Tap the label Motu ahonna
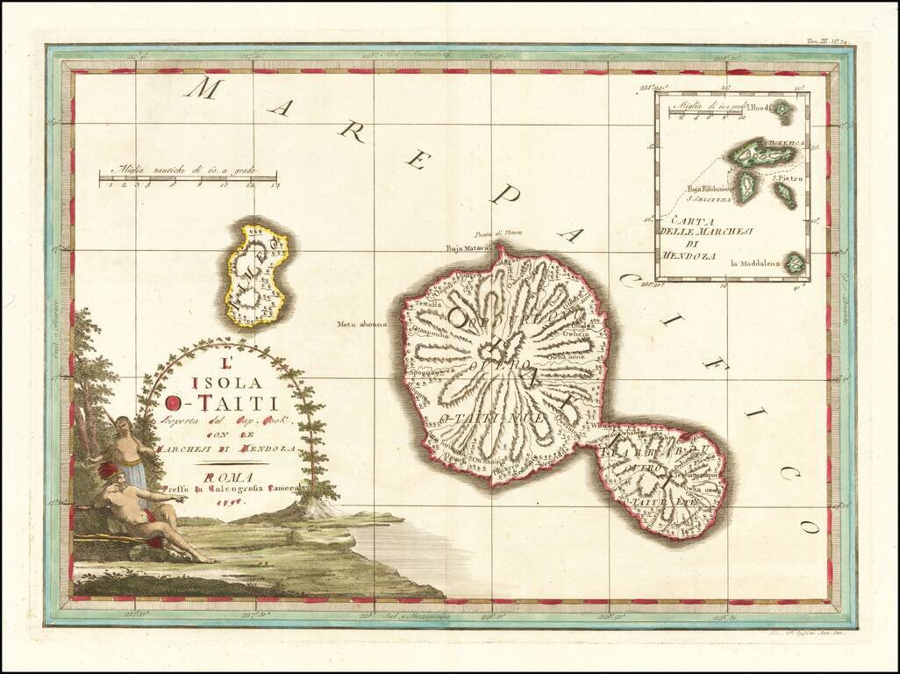coord(361,324)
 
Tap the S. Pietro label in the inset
coord(789,179)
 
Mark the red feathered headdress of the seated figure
coord(109,473)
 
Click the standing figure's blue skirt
coord(134,475)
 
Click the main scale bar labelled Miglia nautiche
coord(188,180)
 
